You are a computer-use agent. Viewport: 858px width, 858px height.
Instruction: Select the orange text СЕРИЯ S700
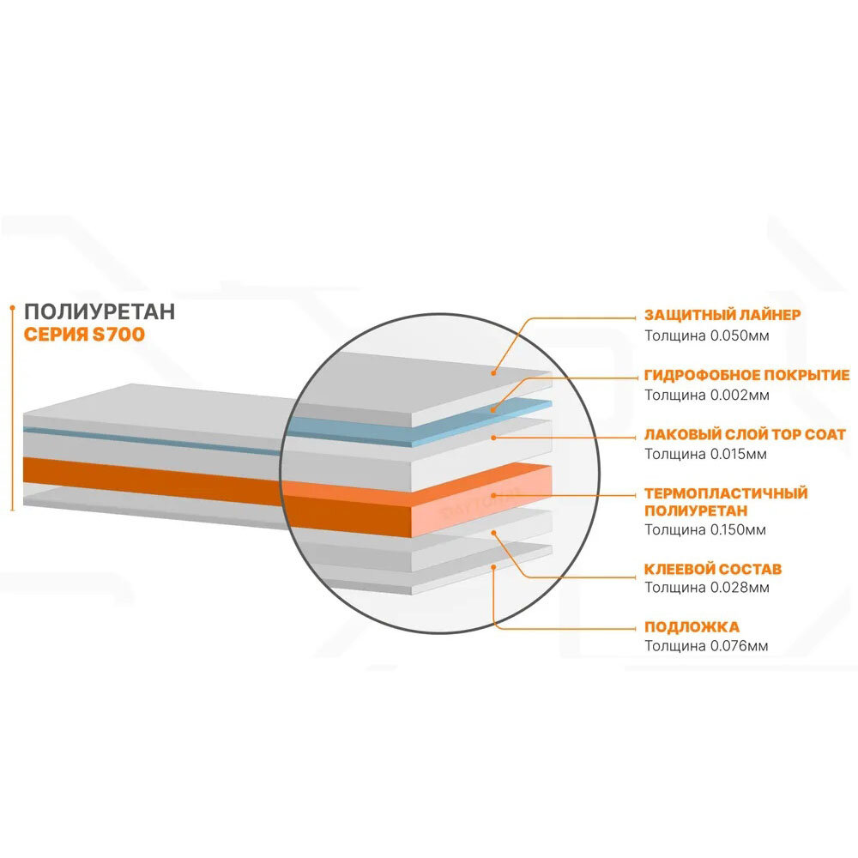click(84, 335)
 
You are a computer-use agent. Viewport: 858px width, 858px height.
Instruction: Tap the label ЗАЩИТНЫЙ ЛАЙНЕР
click(722, 315)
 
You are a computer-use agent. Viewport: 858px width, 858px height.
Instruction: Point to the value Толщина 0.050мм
click(706, 335)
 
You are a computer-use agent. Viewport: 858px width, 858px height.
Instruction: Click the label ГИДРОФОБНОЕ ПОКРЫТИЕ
click(746, 375)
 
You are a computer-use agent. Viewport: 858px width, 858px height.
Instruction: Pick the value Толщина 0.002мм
click(706, 395)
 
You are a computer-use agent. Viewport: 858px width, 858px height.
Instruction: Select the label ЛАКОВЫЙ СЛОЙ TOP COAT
click(745, 435)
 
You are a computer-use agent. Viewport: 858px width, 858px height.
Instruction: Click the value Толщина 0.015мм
click(706, 454)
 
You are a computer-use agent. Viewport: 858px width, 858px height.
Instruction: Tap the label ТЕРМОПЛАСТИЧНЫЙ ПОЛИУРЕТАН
click(726, 502)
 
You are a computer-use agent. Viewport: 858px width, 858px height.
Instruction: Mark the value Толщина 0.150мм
click(706, 529)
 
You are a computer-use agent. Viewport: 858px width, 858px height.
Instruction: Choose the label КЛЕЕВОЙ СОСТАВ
click(712, 569)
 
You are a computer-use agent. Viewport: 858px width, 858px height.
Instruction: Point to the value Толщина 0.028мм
click(706, 588)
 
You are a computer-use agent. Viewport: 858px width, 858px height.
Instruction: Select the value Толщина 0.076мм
click(706, 645)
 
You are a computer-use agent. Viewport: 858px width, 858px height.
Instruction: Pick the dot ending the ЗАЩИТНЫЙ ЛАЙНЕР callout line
click(495, 372)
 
